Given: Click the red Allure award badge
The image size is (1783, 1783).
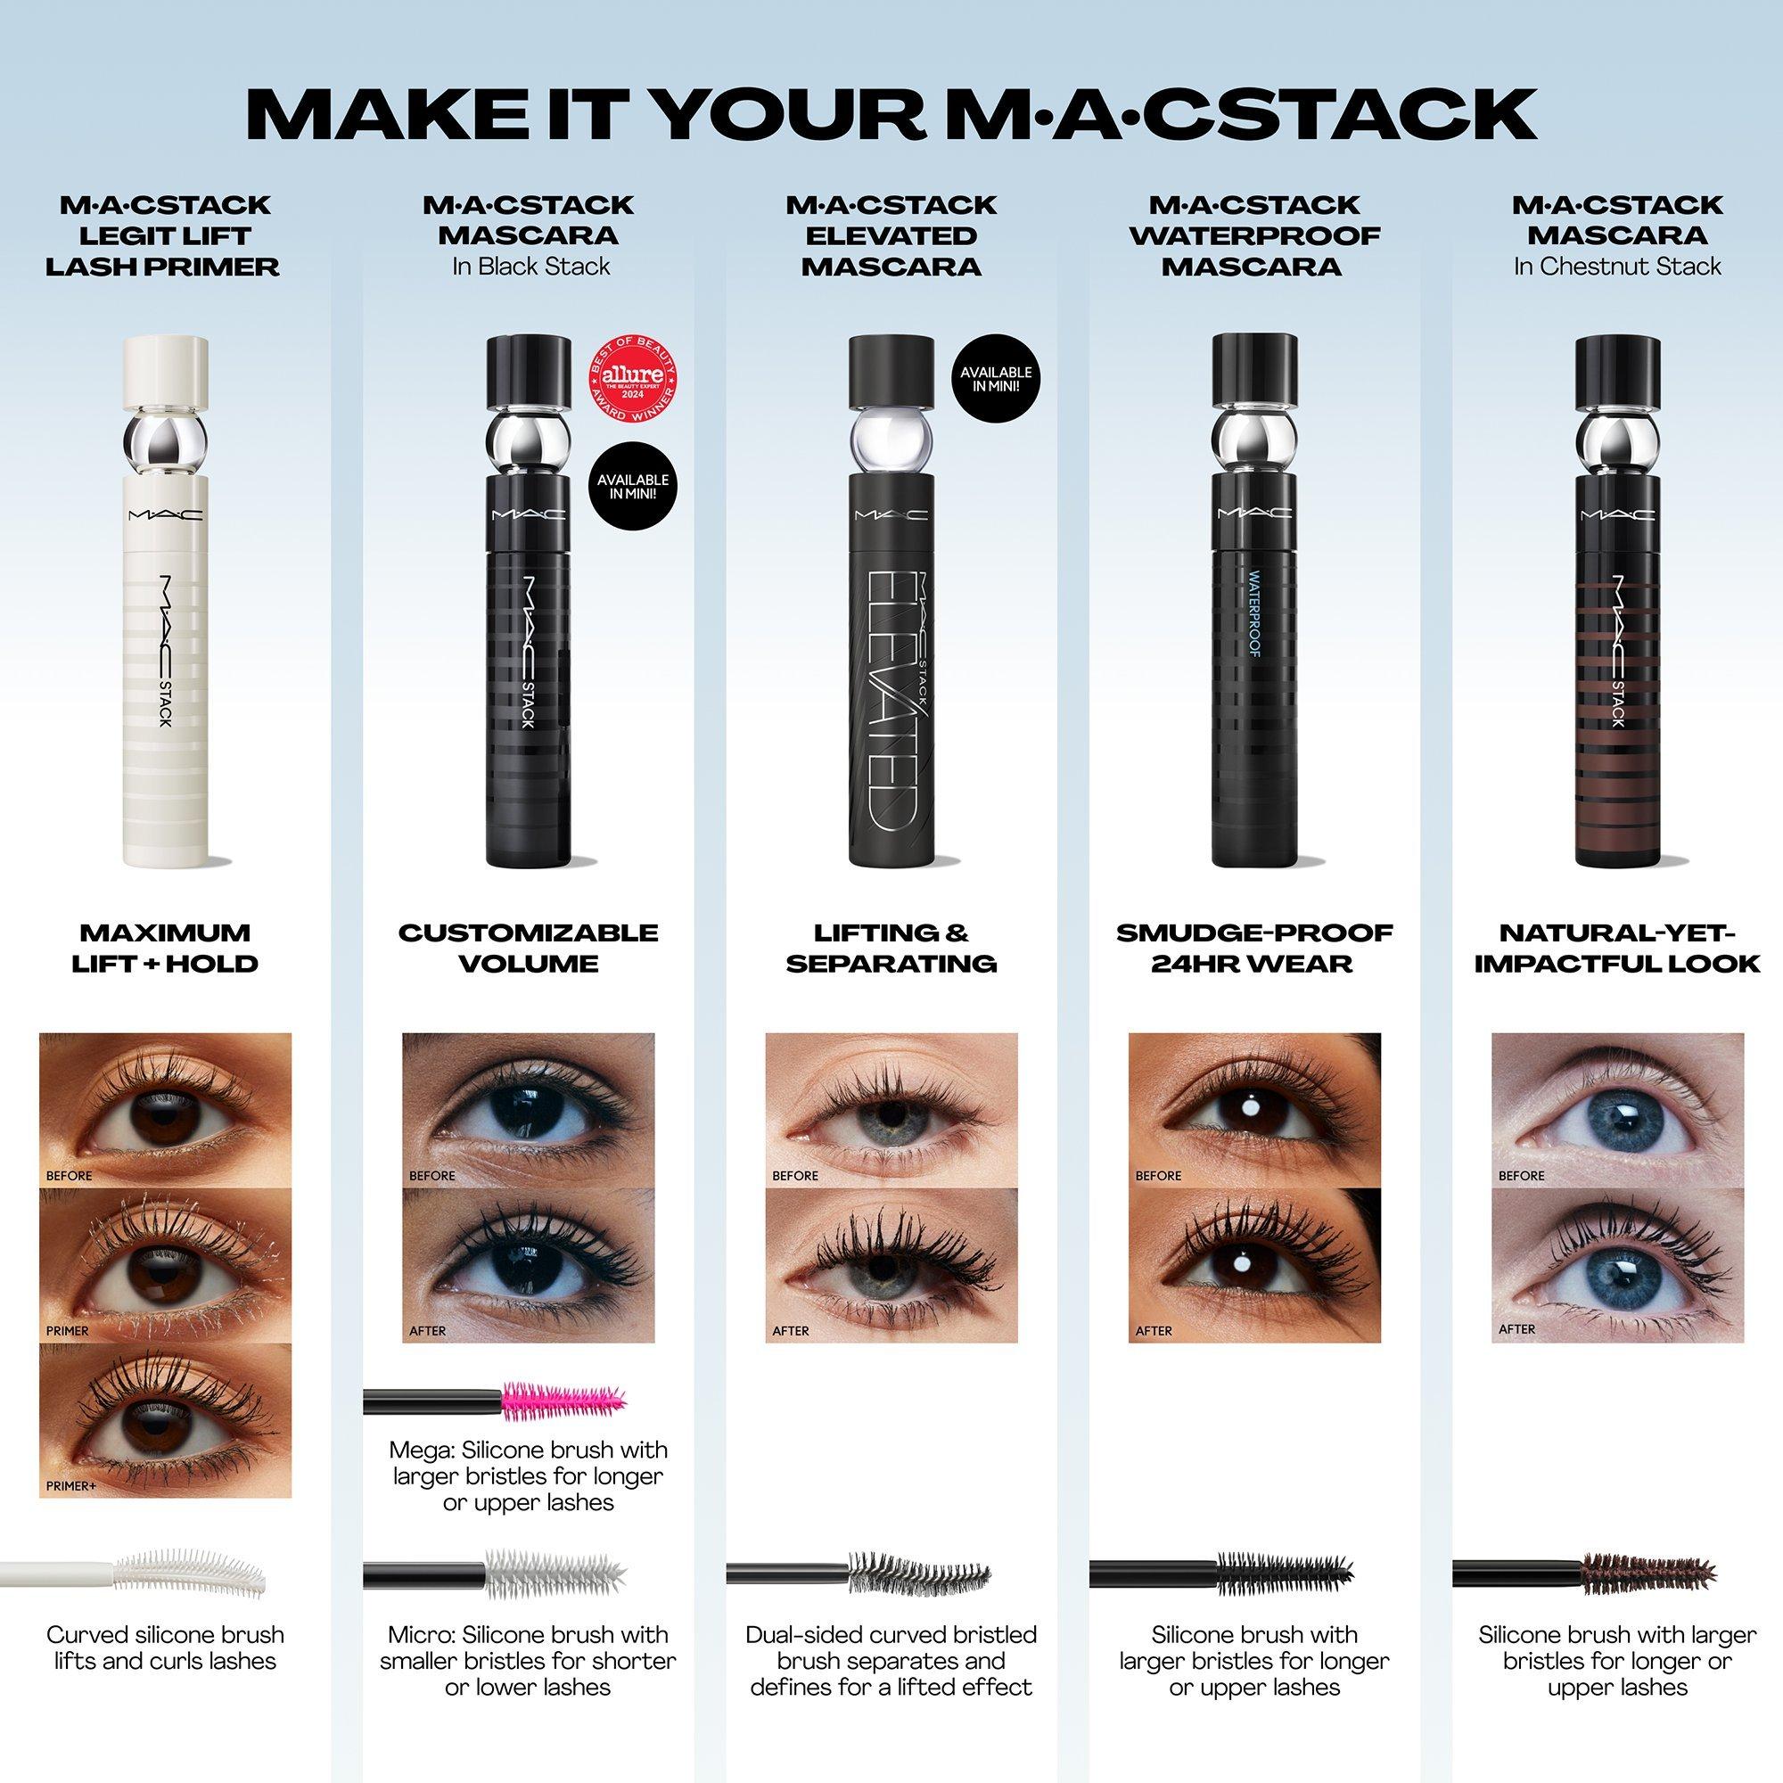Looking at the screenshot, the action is coord(631,382).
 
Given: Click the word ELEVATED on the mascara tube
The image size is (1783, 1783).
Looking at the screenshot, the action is coord(891,692).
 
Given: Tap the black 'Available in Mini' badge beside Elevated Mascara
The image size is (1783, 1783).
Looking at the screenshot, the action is coord(996,379).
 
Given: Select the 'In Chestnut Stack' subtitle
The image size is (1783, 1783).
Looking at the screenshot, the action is coord(1617,267).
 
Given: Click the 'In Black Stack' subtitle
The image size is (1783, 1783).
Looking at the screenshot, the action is coord(530,267).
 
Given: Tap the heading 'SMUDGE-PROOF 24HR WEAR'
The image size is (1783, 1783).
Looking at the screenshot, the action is coord(1254,948).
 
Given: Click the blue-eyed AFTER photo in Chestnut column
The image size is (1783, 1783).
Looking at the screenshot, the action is coord(1618,1264).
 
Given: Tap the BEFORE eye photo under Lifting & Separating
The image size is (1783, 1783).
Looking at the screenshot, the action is coord(891,1109).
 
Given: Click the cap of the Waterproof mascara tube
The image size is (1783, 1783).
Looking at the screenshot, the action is coord(1254,370).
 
